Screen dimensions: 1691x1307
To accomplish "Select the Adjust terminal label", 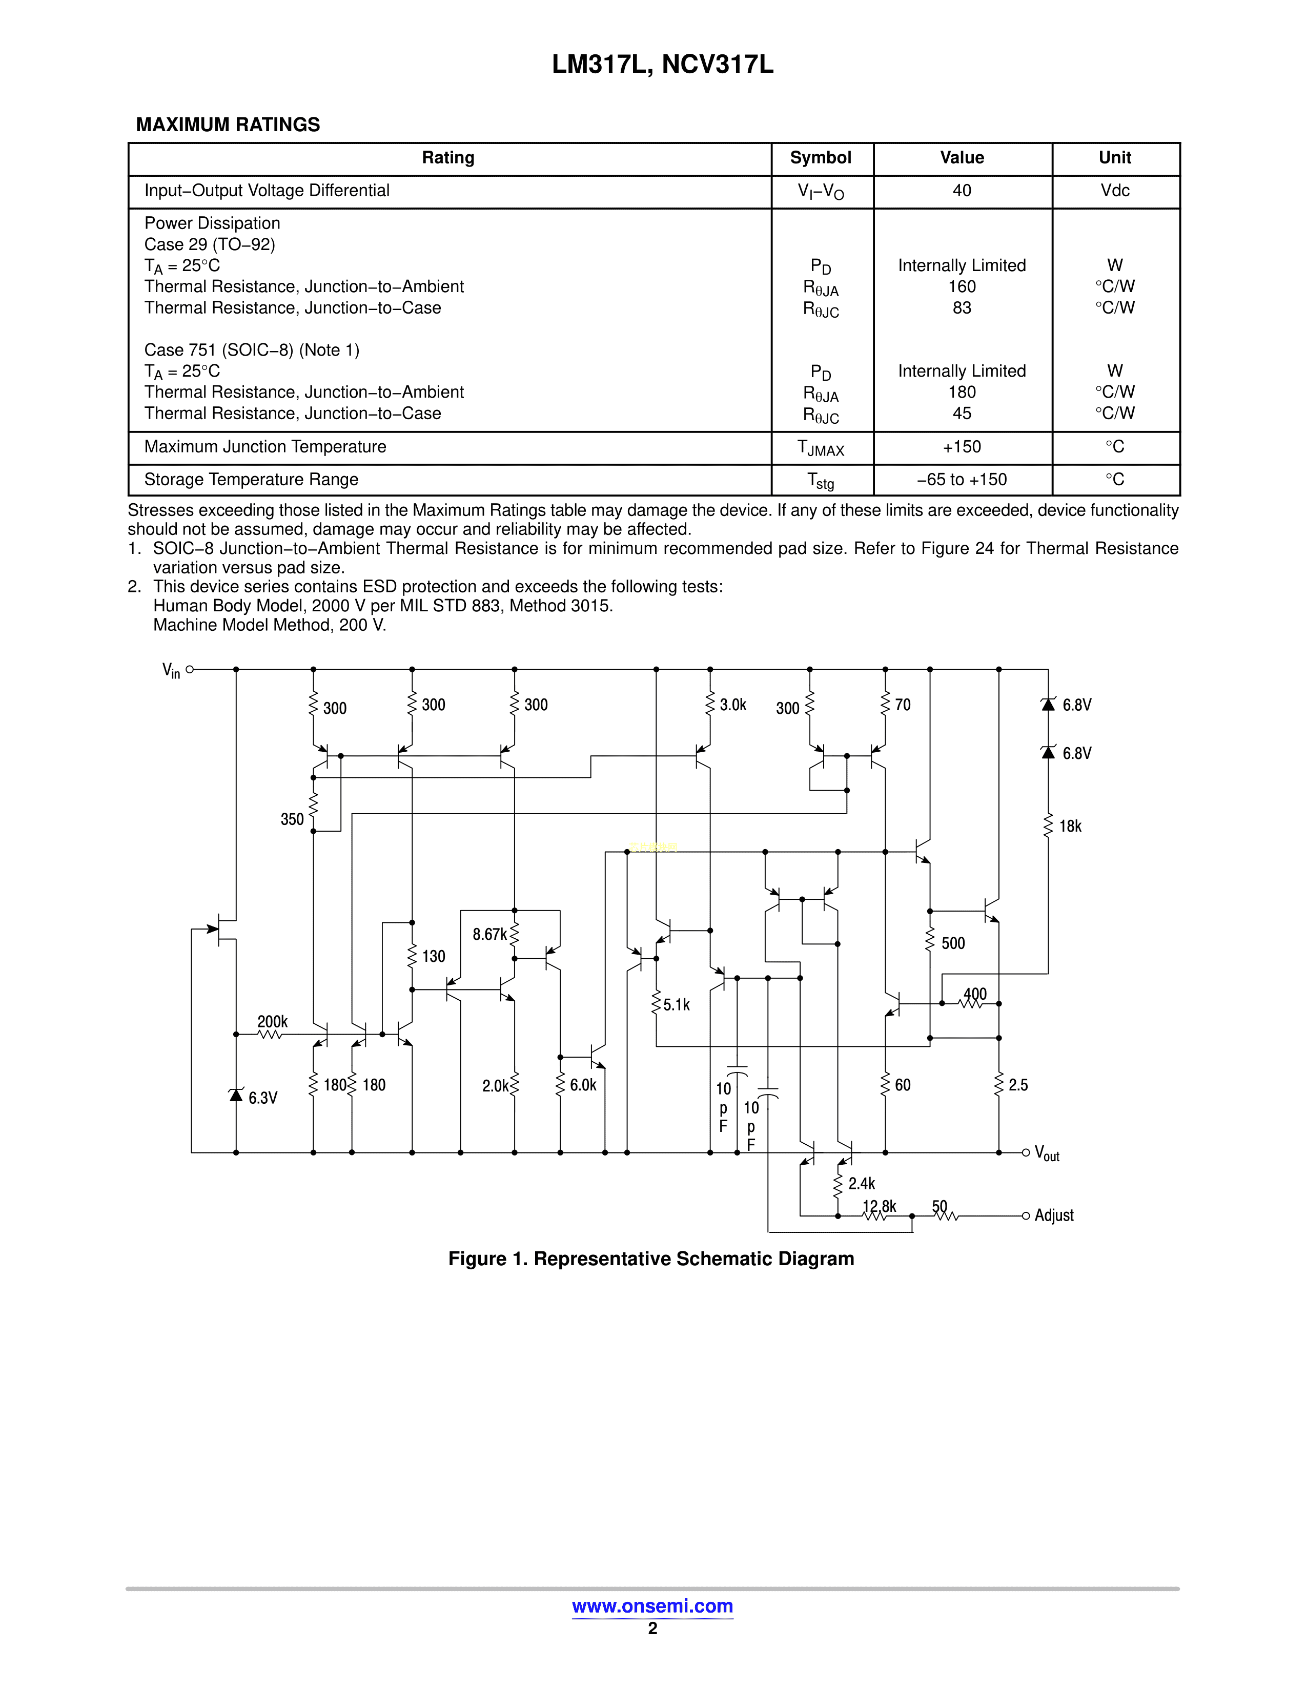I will [1053, 1215].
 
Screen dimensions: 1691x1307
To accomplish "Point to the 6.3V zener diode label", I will [262, 1098].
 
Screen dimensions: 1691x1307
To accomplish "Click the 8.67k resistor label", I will [489, 935].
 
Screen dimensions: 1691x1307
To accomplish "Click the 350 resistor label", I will [292, 820].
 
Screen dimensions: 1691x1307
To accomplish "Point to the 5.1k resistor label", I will [676, 1005].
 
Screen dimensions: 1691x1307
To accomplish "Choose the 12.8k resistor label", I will [879, 1206].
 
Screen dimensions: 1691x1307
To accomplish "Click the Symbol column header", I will [820, 158].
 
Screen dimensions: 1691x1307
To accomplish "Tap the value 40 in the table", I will [962, 191].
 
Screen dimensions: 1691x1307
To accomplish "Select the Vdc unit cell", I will [1114, 191].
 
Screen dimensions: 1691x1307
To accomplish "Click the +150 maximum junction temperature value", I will [962, 447].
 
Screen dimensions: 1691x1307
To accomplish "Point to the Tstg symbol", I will [820, 481].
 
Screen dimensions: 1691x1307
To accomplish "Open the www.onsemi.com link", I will [652, 1606].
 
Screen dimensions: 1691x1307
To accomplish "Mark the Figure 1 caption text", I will [651, 1259].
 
